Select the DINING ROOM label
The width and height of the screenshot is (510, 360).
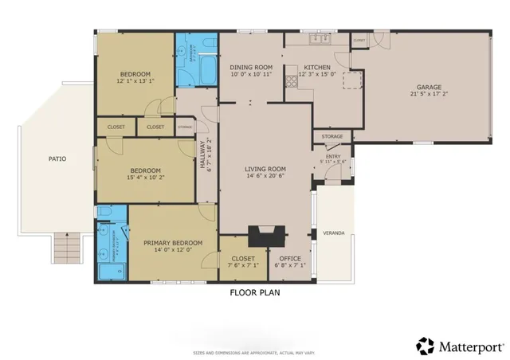pyautogui.click(x=251, y=67)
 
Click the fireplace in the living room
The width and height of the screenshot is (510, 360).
pyautogui.click(x=265, y=236)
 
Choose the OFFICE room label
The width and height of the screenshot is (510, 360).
pyautogui.click(x=289, y=258)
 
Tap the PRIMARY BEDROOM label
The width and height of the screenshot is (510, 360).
pyautogui.click(x=172, y=243)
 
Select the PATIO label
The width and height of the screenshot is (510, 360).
pyautogui.click(x=57, y=158)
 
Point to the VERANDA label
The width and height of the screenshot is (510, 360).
pyautogui.click(x=333, y=233)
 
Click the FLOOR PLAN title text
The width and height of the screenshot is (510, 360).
pyautogui.click(x=255, y=292)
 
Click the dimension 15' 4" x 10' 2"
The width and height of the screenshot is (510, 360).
pyautogui.click(x=146, y=178)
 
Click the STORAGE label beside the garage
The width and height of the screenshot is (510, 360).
pyautogui.click(x=332, y=137)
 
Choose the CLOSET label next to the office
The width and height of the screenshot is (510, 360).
pyautogui.click(x=242, y=258)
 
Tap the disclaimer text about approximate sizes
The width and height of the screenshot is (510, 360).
pyautogui.click(x=255, y=351)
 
